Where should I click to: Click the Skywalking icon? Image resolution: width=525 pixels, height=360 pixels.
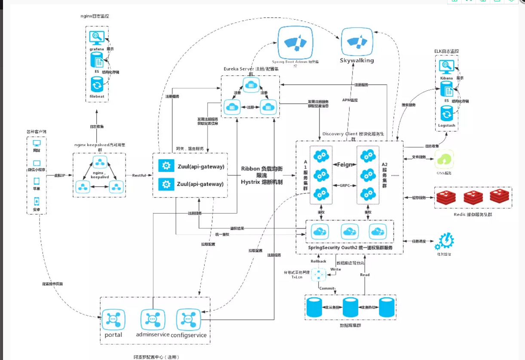pos(357,41)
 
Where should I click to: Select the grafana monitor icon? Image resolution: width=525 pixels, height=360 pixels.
pos(96,37)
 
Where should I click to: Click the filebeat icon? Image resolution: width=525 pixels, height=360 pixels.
pos(97,84)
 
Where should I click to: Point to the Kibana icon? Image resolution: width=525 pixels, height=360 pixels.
pos(446,67)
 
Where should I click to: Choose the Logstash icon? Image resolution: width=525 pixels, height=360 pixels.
pos(446,114)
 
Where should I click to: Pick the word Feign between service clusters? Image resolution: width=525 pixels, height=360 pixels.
pos(344,164)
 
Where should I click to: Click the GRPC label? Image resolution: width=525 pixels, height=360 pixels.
pos(344,185)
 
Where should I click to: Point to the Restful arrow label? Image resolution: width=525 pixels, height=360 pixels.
pos(139,175)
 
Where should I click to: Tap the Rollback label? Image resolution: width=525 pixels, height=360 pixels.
pos(318,261)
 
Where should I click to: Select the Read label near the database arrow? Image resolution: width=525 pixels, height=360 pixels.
pos(365,275)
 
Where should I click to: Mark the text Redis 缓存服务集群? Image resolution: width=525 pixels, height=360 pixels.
pos(473,214)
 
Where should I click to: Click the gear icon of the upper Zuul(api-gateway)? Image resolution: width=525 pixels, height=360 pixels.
pos(165,166)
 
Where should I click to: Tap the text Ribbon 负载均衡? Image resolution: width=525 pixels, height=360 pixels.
pos(262,169)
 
